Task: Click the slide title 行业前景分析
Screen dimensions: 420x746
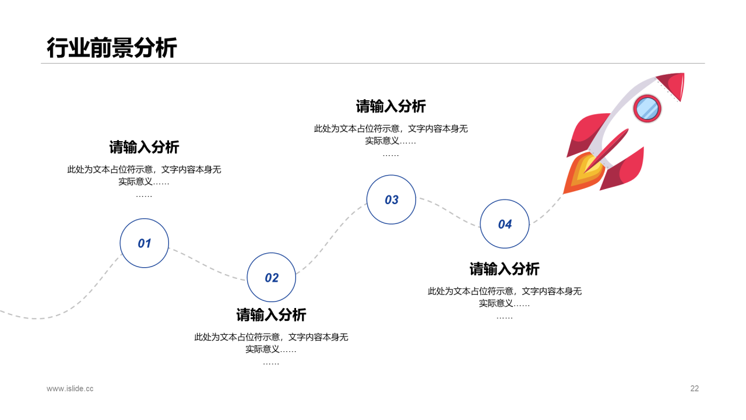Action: [x=111, y=48]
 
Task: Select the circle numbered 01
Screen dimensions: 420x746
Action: [x=144, y=243]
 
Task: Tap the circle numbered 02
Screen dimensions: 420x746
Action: [x=272, y=278]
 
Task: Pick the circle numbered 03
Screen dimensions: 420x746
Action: [x=391, y=199]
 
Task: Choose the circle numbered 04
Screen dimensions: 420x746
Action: [x=505, y=224]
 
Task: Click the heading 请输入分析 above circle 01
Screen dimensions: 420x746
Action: [x=144, y=147]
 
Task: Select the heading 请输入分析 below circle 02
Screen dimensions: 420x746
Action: [x=271, y=315]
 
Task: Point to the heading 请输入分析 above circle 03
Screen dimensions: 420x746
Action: [x=391, y=106]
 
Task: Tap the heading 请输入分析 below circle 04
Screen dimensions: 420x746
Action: [x=505, y=269]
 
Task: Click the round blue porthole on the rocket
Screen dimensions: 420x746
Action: [x=647, y=108]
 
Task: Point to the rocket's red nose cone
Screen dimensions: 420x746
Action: [x=671, y=85]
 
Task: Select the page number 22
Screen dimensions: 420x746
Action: [x=694, y=388]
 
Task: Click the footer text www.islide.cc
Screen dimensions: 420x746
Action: [x=70, y=388]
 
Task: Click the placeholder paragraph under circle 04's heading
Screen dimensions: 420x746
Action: [x=505, y=297]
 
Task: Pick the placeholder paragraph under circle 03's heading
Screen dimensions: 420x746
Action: [x=391, y=134]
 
